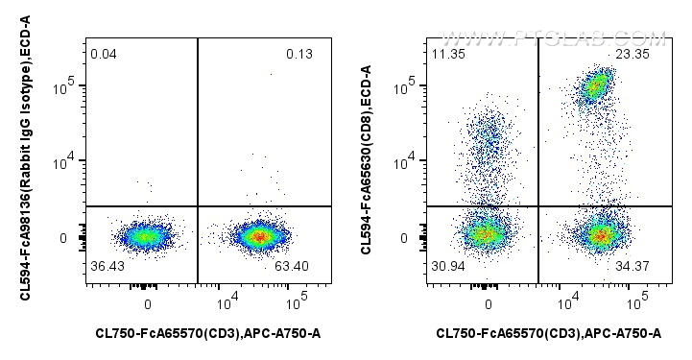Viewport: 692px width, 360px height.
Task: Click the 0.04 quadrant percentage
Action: click(x=103, y=54)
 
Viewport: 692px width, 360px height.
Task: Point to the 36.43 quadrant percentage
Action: click(x=107, y=265)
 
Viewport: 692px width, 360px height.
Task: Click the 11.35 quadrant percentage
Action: click(x=448, y=54)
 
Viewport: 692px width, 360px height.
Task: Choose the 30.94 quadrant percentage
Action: click(x=448, y=265)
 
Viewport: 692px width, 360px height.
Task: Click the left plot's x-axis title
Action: click(x=208, y=334)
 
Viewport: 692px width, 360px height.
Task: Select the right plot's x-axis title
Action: click(x=549, y=334)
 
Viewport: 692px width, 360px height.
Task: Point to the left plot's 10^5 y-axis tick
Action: click(x=66, y=87)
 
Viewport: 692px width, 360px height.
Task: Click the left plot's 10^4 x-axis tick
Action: click(x=227, y=303)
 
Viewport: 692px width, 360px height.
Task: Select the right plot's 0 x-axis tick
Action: click(x=489, y=303)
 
